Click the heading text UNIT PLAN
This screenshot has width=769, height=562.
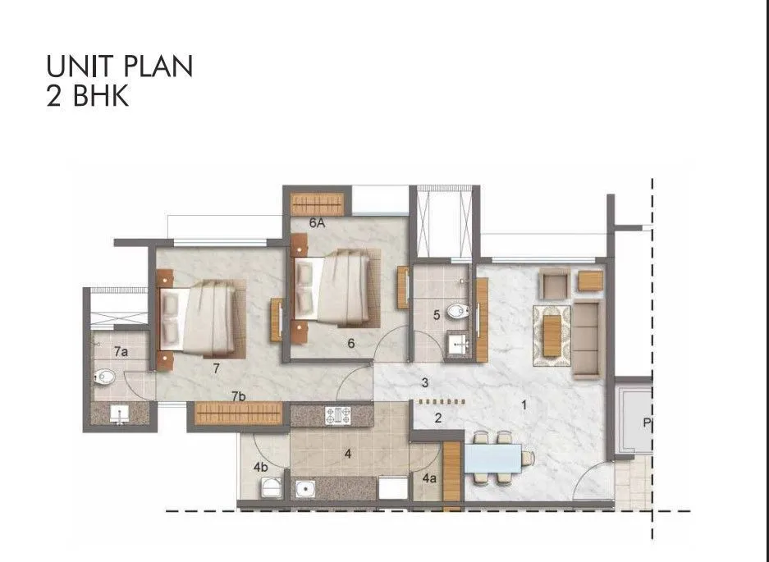pos(120,66)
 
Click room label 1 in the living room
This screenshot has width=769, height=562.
pos(524,403)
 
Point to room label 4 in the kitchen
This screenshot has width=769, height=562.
pos(348,453)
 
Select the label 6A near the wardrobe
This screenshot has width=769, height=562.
pos(318,222)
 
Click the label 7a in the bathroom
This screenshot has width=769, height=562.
pos(121,351)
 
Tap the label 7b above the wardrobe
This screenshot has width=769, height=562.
pos(239,396)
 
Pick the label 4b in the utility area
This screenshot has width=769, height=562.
pos(261,468)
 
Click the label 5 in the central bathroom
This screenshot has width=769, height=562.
pos(436,314)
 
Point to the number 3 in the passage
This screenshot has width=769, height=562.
pos(425,382)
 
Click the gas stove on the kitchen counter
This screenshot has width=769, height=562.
pos(337,415)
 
